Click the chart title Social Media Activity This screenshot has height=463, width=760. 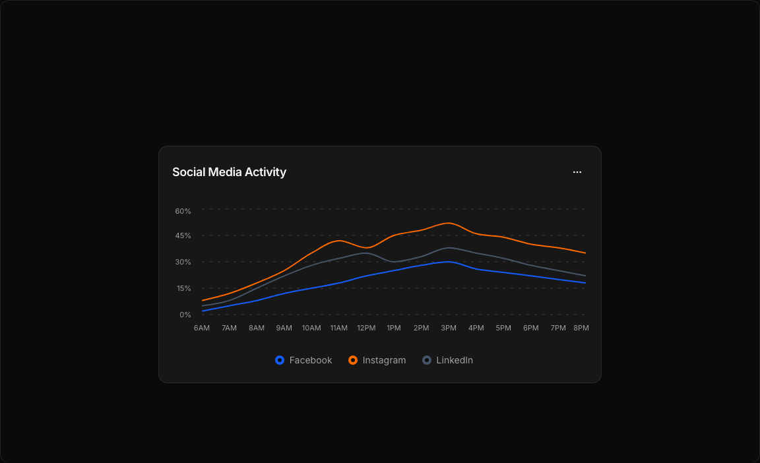(229, 172)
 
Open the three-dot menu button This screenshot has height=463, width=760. (577, 172)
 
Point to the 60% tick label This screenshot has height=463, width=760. (183, 211)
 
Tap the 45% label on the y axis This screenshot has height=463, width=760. (183, 235)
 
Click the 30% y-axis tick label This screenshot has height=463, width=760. (183, 262)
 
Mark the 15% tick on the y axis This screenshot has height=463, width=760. (183, 288)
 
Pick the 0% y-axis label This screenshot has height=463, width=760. (185, 315)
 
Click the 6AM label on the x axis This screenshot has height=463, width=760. (202, 328)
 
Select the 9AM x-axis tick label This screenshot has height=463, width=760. (284, 328)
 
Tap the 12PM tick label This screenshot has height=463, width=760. (366, 328)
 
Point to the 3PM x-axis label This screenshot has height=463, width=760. (449, 328)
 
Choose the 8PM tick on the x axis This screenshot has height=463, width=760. (581, 328)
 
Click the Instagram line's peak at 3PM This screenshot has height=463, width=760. (449, 223)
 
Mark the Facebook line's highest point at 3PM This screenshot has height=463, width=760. (449, 262)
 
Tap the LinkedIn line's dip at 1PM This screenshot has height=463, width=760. (394, 262)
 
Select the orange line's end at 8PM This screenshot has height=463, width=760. (585, 253)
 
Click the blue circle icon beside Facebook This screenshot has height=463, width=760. (280, 360)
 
